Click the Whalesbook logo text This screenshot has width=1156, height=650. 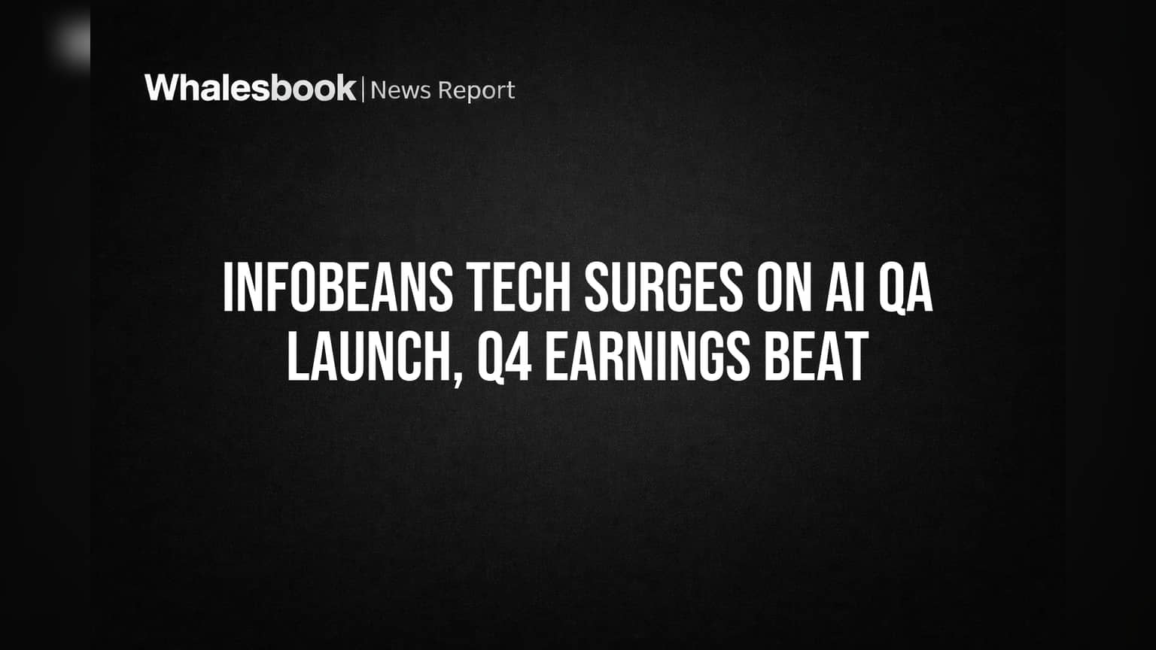(251, 88)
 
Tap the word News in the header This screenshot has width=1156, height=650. (400, 90)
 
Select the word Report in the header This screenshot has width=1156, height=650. (476, 92)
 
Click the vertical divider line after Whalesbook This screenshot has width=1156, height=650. (364, 90)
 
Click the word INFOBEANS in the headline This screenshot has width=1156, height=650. (338, 287)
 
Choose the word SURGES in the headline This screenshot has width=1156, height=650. (664, 287)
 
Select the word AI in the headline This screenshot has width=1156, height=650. (845, 287)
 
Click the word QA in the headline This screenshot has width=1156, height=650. (905, 288)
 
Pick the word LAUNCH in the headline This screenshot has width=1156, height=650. (369, 356)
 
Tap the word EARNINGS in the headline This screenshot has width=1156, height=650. (648, 356)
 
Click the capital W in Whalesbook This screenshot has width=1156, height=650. (163, 88)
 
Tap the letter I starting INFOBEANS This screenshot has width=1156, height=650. (227, 287)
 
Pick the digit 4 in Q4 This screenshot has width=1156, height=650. (520, 356)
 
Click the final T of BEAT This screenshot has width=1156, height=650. (857, 356)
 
